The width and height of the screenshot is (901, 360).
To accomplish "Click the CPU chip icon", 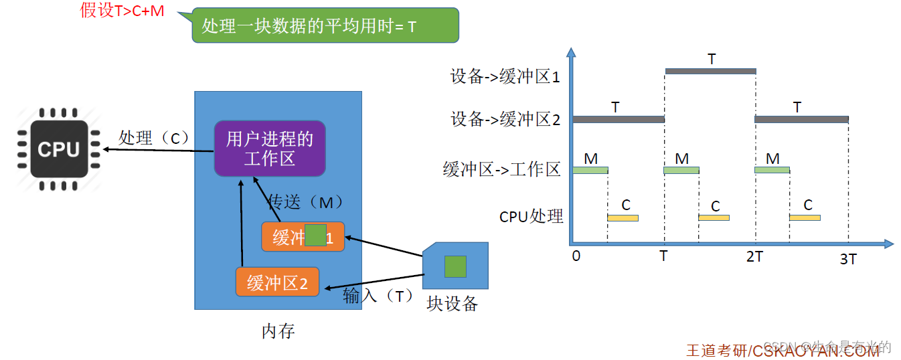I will [59, 149].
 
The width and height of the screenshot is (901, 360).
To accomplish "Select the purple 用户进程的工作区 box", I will [269, 149].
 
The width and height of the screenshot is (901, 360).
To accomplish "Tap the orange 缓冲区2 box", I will [277, 282].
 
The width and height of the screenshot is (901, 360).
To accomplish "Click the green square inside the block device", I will [455, 266].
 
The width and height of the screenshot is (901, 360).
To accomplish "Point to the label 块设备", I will [453, 304].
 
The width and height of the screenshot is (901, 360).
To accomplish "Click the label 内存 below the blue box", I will [278, 331].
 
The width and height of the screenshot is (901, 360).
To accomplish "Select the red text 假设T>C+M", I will [122, 11].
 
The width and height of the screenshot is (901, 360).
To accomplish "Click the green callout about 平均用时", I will [325, 26].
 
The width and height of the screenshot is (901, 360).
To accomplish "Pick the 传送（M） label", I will [305, 202].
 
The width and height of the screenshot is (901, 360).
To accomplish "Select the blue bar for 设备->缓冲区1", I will [710, 71].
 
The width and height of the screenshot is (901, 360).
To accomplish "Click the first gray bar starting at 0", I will [618, 119].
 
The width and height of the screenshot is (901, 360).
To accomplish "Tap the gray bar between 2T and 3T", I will [801, 119].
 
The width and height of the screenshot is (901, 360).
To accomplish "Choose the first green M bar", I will [590, 170].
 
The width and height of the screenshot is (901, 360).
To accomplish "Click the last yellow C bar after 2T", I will [805, 217].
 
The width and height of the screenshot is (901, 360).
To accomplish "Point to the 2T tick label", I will [754, 257].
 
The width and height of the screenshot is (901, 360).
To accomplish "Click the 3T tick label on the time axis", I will [848, 259].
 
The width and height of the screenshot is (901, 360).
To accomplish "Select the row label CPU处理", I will [531, 217].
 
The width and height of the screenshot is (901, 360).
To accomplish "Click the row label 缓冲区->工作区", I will [501, 169].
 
